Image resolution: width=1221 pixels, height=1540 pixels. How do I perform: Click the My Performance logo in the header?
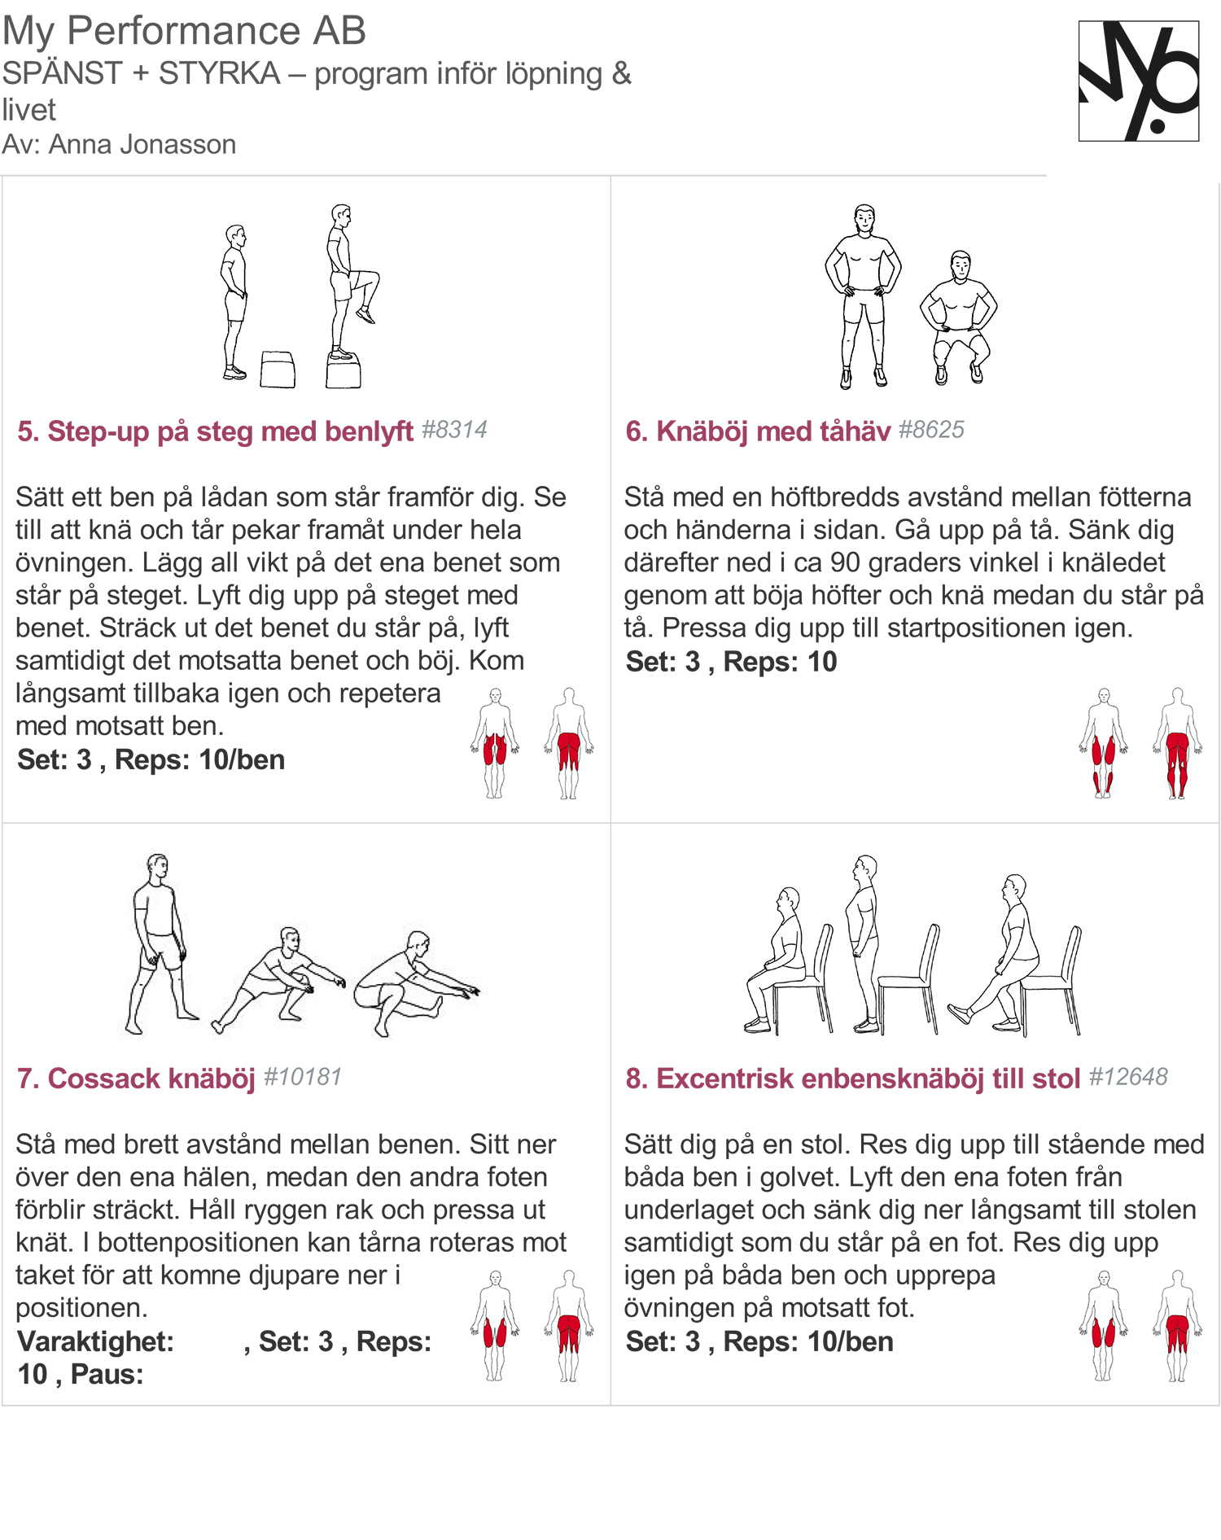pyautogui.click(x=1138, y=81)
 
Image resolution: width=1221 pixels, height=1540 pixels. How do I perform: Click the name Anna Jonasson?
pyautogui.click(x=142, y=145)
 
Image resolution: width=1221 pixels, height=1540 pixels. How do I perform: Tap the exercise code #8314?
pyautogui.click(x=454, y=430)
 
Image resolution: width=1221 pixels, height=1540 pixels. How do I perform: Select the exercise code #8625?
pyautogui.click(x=931, y=430)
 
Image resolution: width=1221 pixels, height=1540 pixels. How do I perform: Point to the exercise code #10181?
pyautogui.click(x=303, y=1077)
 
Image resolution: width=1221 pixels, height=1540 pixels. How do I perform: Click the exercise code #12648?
pyautogui.click(x=1128, y=1077)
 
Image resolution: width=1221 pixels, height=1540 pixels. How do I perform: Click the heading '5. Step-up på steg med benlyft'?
pyautogui.click(x=216, y=431)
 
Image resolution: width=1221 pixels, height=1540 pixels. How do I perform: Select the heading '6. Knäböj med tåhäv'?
pyautogui.click(x=758, y=431)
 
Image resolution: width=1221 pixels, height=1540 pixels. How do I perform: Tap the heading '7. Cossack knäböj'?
pyautogui.click(x=136, y=1078)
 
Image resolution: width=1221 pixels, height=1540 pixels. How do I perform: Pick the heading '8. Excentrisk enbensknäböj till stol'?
pyautogui.click(x=853, y=1078)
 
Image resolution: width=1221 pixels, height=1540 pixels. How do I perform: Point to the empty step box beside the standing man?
pyautogui.click(x=278, y=370)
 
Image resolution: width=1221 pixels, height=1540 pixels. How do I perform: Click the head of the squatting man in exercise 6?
pyautogui.click(x=961, y=265)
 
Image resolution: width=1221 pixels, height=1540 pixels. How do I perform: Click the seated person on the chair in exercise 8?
pyautogui.click(x=777, y=960)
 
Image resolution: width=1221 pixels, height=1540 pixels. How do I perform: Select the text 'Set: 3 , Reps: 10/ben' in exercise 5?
pyautogui.click(x=151, y=759)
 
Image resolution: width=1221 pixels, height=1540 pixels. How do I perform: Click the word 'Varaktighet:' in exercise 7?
pyautogui.click(x=96, y=1341)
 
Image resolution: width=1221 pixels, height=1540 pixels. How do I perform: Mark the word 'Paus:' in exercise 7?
pyautogui.click(x=107, y=1374)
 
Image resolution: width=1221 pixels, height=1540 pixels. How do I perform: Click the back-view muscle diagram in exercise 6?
pyautogui.click(x=1177, y=743)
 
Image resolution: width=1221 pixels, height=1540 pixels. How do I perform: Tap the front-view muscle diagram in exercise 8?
pyautogui.click(x=1104, y=1325)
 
